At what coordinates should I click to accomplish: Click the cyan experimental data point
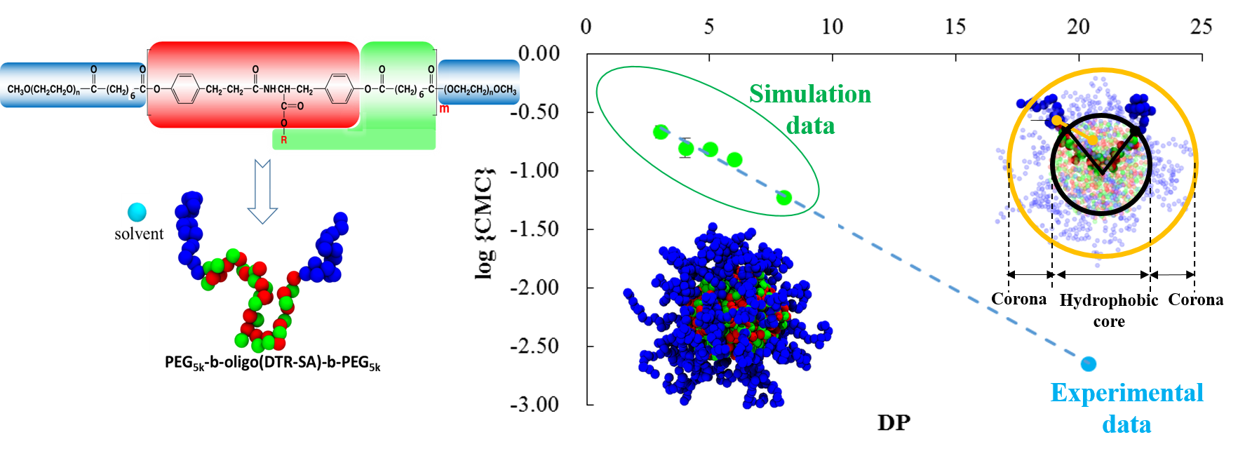[1088, 363]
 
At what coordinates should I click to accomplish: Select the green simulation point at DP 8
[783, 198]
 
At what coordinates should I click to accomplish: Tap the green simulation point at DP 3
[660, 132]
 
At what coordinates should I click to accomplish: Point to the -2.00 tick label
[534, 288]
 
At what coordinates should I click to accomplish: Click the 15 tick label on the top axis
[955, 27]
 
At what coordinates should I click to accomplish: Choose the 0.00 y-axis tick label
[539, 53]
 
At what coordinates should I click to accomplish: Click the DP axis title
[894, 422]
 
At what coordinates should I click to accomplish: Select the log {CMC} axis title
[485, 224]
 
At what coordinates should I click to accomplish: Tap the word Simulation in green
[810, 94]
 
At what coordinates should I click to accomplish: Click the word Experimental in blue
[1126, 393]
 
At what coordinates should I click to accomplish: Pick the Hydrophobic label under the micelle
[1108, 300]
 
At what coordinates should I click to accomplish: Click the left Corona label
[1018, 300]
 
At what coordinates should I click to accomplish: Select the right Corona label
[1195, 300]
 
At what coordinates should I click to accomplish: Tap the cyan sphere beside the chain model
[137, 212]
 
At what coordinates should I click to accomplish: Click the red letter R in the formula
[284, 140]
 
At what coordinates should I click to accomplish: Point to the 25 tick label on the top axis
[1201, 27]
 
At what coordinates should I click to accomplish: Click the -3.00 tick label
[534, 405]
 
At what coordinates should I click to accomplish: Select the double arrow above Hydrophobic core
[1102, 274]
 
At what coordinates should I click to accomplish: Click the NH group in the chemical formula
[269, 90]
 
